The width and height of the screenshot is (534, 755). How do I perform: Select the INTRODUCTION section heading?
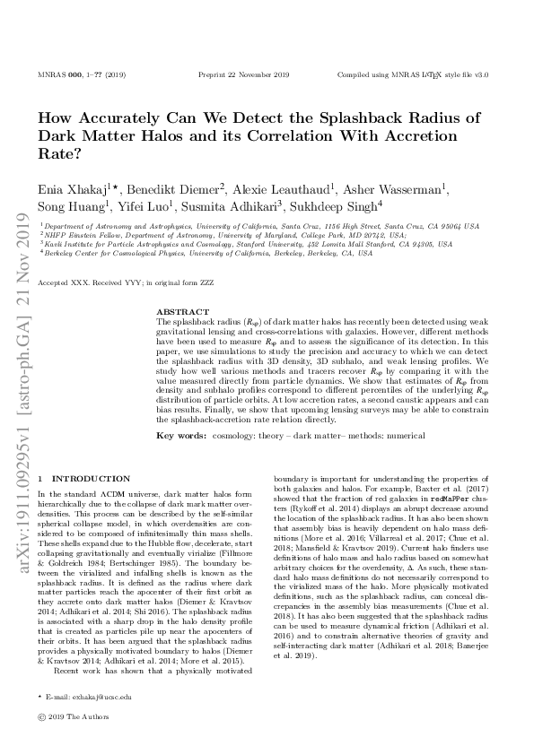pyautogui.click(x=91, y=479)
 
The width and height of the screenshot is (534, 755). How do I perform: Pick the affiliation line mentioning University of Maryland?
pyautogui.click(x=223, y=235)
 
